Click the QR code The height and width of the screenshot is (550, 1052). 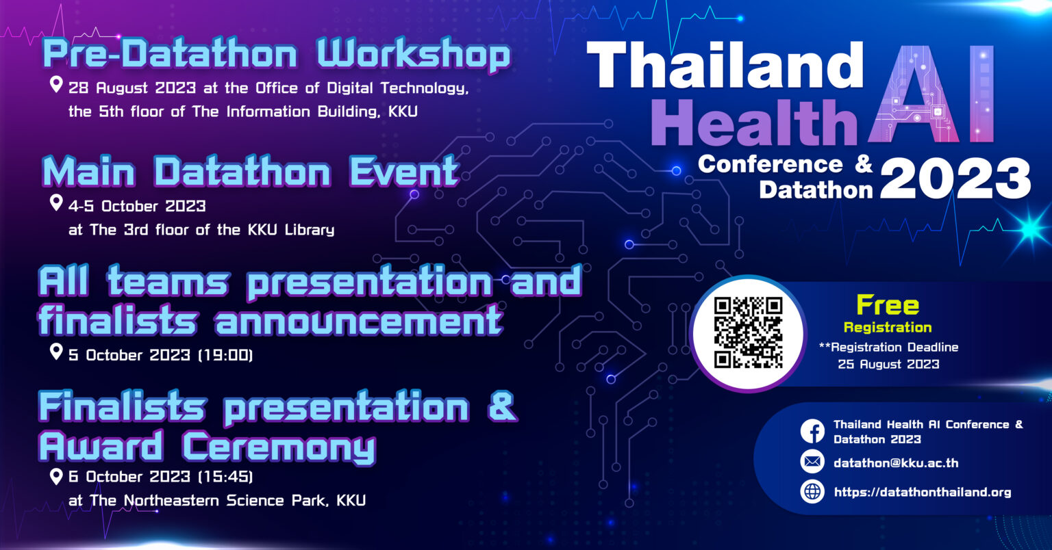pyautogui.click(x=748, y=332)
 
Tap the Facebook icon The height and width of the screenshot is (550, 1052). pyautogui.click(x=812, y=432)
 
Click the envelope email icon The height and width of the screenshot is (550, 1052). pyautogui.click(x=812, y=462)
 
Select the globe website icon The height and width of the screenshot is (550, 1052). pyautogui.click(x=812, y=491)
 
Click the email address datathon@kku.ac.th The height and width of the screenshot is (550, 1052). pyautogui.click(x=896, y=463)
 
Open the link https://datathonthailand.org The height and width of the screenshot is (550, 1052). pyautogui.click(x=922, y=492)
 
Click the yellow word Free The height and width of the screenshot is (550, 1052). pyautogui.click(x=888, y=305)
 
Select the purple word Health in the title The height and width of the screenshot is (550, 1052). pyautogui.click(x=753, y=123)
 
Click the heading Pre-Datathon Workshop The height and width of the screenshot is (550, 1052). pyautogui.click(x=277, y=55)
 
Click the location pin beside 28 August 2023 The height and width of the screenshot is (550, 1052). pyautogui.click(x=57, y=86)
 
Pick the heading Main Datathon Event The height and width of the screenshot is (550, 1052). pyautogui.click(x=250, y=171)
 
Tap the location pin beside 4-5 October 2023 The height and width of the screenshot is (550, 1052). pyautogui.click(x=57, y=203)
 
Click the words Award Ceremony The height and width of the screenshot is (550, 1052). pyautogui.click(x=207, y=447)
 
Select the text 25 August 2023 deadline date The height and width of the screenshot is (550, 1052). pyautogui.click(x=888, y=364)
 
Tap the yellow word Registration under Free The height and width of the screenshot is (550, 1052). pyautogui.click(x=888, y=327)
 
